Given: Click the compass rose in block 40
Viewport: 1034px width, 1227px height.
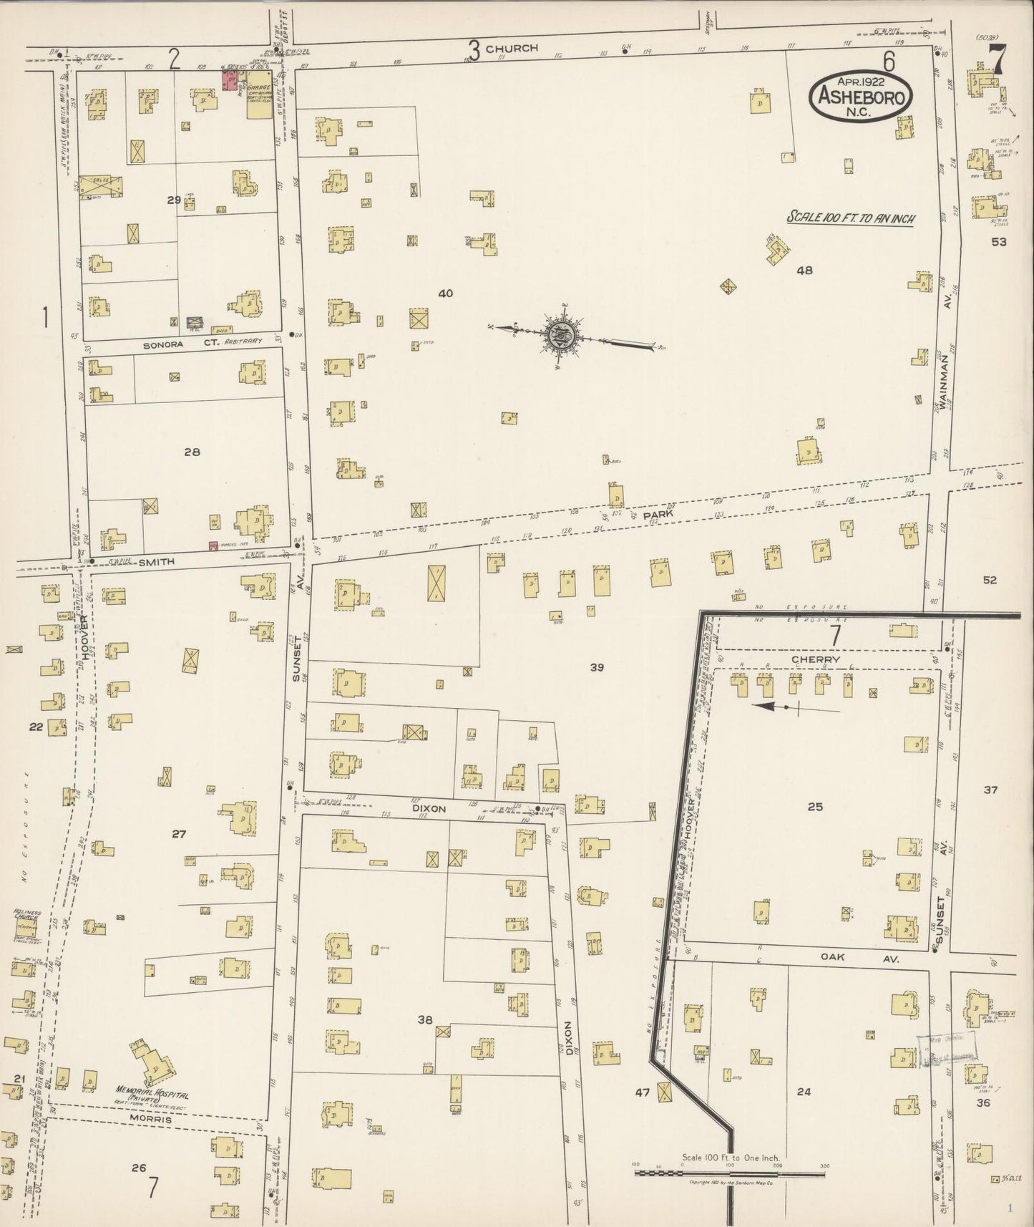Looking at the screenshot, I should pos(557,334).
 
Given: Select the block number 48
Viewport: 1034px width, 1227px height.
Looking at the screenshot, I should pos(804,271).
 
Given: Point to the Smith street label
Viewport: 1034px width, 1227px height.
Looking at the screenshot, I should pos(157,562).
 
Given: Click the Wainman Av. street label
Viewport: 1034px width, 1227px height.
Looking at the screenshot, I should pos(944,378).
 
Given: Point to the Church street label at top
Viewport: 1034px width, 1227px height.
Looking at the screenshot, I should pos(512,48).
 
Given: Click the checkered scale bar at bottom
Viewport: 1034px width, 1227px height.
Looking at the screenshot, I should pos(730,1173).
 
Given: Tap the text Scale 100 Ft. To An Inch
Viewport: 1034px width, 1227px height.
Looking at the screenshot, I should pos(850,218).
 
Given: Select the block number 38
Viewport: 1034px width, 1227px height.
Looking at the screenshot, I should pos(425,1020).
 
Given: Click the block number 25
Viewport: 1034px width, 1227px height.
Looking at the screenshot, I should pos(815,807).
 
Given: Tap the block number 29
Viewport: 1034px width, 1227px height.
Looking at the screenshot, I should pos(174,200).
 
